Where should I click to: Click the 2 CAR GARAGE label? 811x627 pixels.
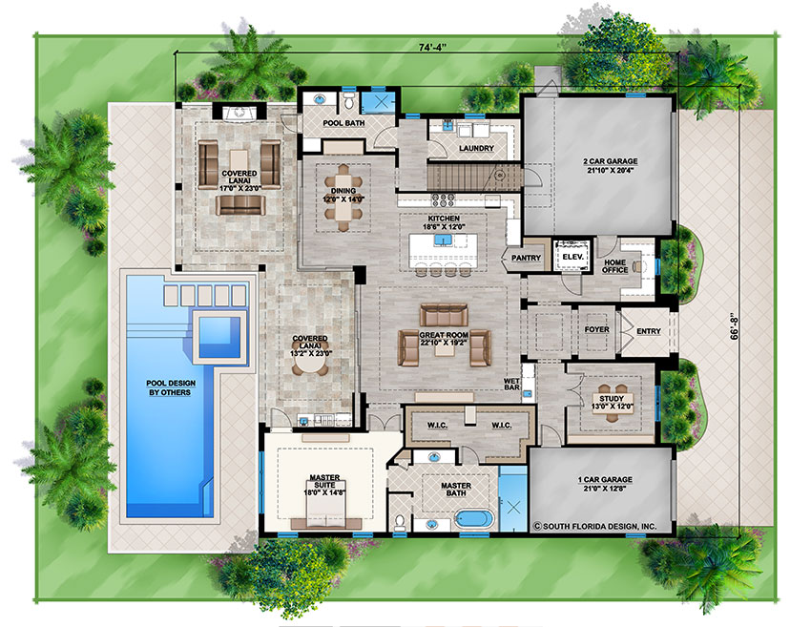(x=611, y=161)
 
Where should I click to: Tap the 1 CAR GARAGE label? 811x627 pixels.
(x=605, y=480)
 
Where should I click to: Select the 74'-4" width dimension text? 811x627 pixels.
(x=432, y=47)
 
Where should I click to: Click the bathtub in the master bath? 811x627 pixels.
(x=475, y=519)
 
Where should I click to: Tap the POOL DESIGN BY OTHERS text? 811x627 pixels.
(x=171, y=388)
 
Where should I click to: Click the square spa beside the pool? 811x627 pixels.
(x=219, y=337)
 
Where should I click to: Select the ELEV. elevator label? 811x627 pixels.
(x=573, y=257)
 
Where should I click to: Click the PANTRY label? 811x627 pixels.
(x=526, y=258)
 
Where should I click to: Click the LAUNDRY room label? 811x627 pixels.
(x=476, y=149)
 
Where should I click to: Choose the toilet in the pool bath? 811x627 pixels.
(x=349, y=101)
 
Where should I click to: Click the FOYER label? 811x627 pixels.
(x=597, y=329)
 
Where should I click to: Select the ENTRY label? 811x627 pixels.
(x=649, y=331)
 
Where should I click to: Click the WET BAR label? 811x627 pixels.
(x=511, y=385)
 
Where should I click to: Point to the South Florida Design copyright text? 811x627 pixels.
(x=594, y=526)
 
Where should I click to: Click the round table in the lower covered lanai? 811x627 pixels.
(x=310, y=366)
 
